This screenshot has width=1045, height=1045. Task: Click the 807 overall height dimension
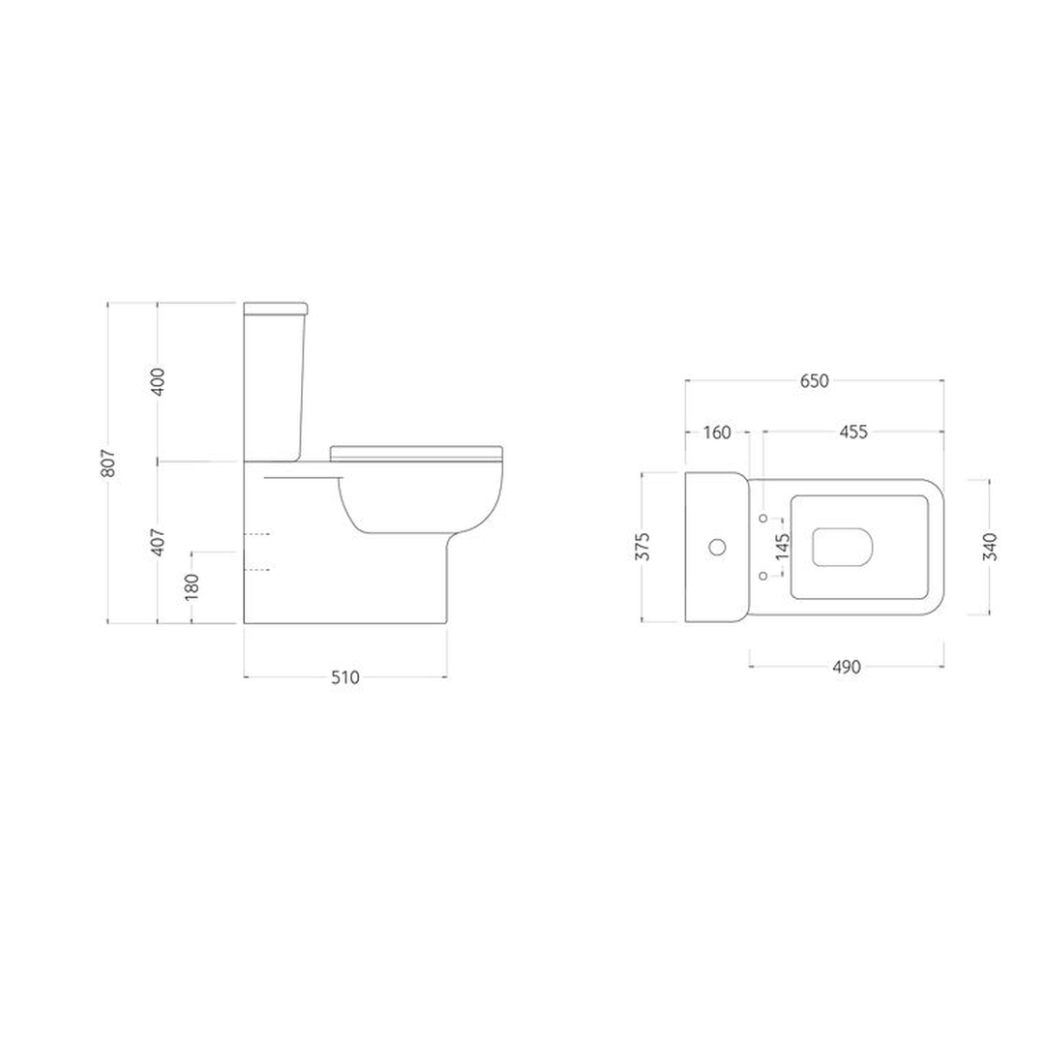pyautogui.click(x=109, y=463)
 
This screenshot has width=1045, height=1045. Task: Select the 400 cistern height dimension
pyautogui.click(x=158, y=382)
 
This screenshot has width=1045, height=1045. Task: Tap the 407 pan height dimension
pyautogui.click(x=158, y=542)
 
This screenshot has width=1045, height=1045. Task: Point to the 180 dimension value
pyautogui.click(x=192, y=585)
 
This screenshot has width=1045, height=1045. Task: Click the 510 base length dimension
pyautogui.click(x=345, y=677)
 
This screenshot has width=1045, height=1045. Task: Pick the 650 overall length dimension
pyautogui.click(x=815, y=381)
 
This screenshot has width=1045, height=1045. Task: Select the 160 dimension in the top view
pyautogui.click(x=717, y=433)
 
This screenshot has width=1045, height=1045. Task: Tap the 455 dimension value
pyautogui.click(x=853, y=433)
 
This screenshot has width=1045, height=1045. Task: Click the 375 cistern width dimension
pyautogui.click(x=643, y=547)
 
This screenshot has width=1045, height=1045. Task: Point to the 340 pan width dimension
pyautogui.click(x=991, y=547)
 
